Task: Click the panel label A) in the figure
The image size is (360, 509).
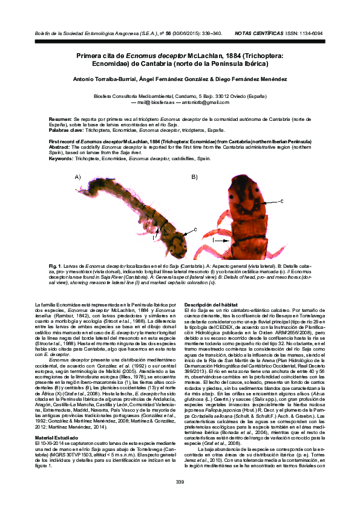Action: pyautogui.click(x=77, y=177)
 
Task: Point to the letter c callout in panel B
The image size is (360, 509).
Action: pyautogui.click(x=281, y=200)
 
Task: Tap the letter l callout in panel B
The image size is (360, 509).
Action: pyautogui.click(x=213, y=239)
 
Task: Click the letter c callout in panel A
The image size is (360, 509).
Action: pyautogui.click(x=194, y=229)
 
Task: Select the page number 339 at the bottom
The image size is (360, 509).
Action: pyautogui.click(x=180, y=481)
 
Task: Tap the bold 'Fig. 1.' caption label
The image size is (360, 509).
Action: pyautogui.click(x=56, y=266)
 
